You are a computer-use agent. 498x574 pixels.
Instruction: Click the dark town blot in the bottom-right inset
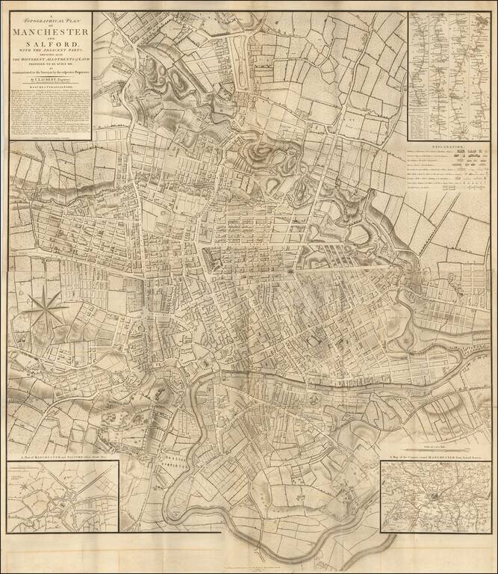tap(435, 496)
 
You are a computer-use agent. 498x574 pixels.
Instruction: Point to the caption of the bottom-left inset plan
tap(63, 457)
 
